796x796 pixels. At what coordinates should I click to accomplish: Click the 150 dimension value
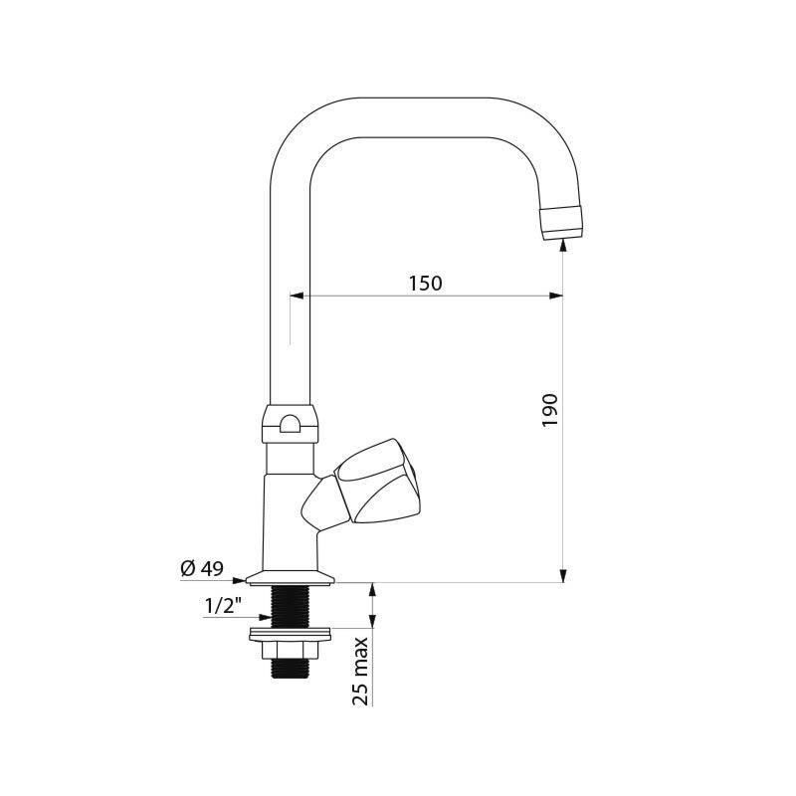425,284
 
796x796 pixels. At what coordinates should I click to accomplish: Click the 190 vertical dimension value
550,409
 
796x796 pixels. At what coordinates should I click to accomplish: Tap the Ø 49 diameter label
201,568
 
